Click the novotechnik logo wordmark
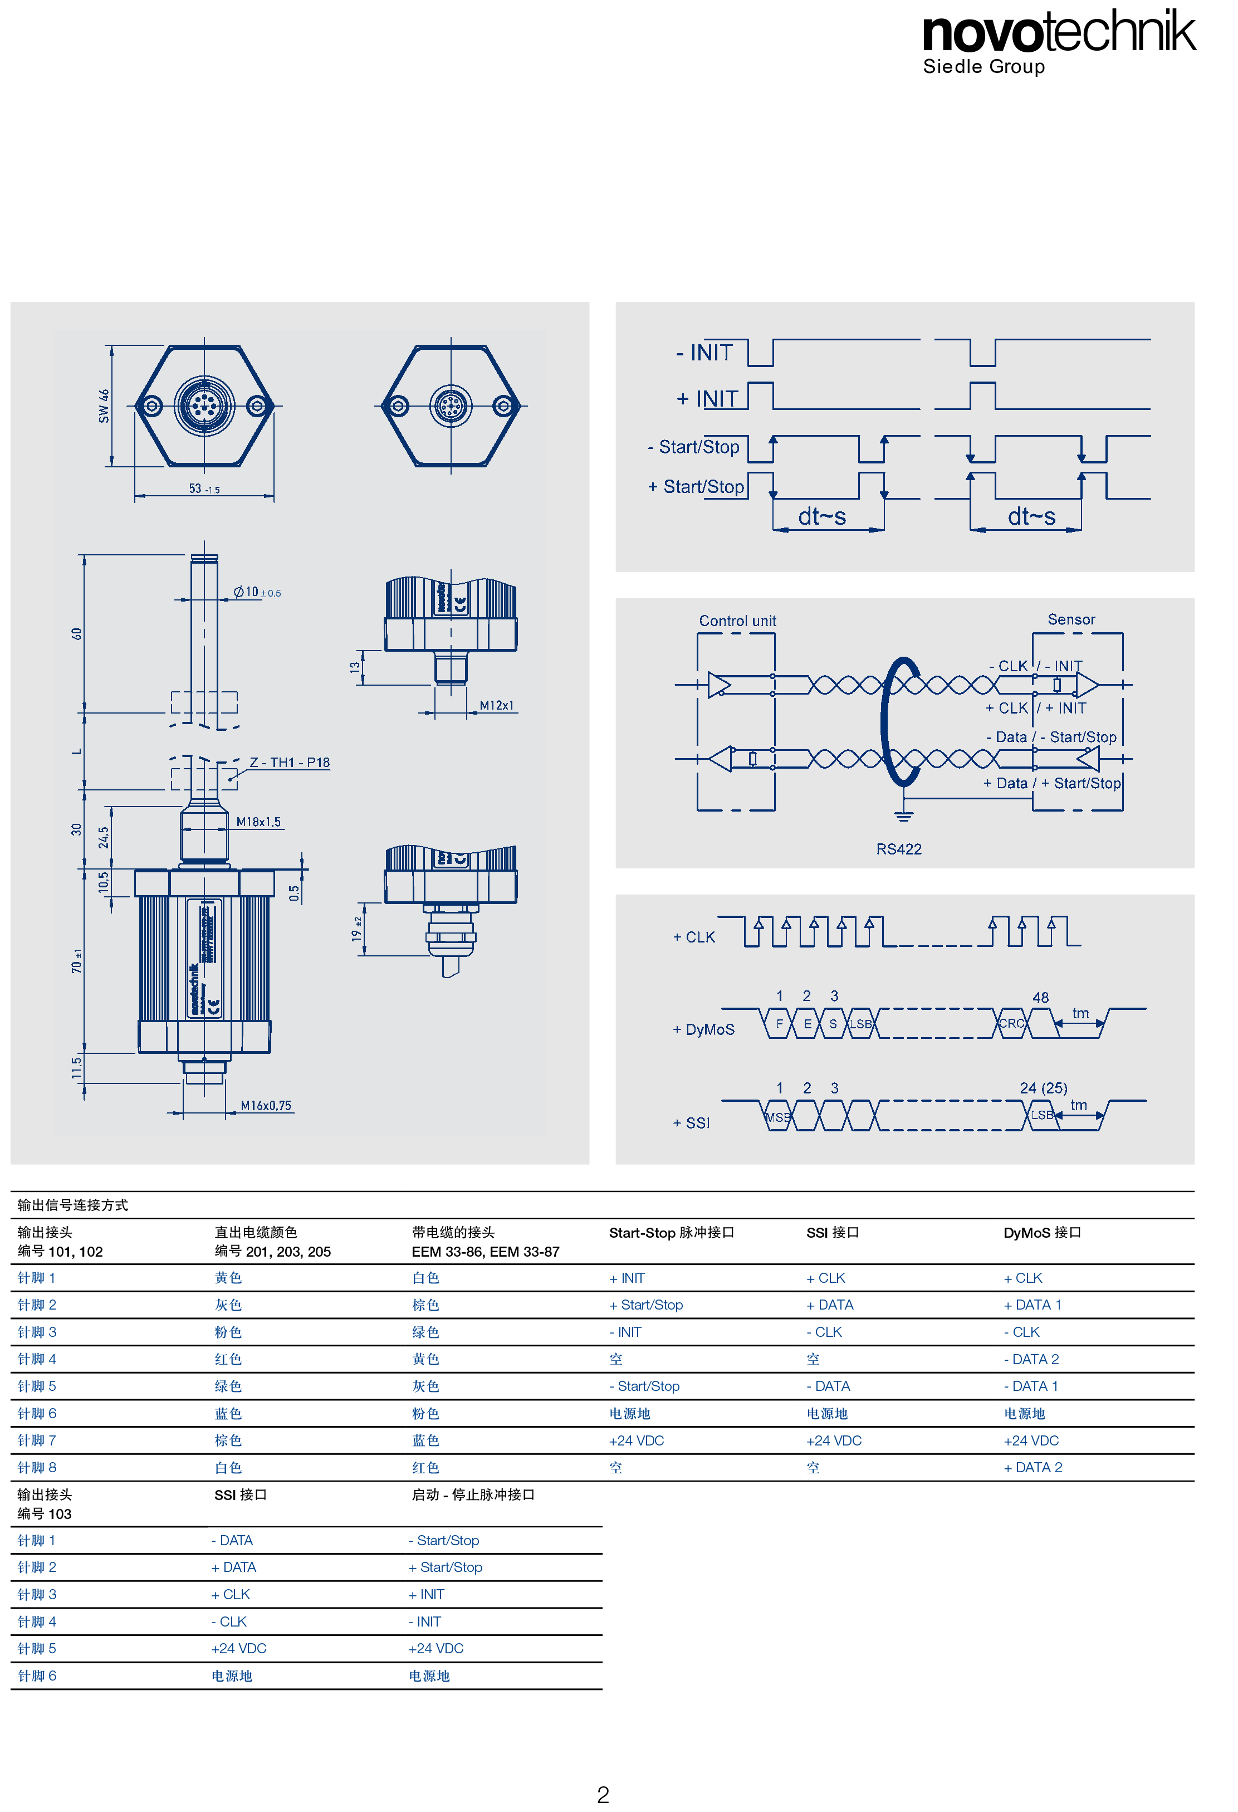[x=1059, y=31]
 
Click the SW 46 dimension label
[x=104, y=406]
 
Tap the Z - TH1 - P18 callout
[x=289, y=762]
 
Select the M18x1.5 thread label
[x=258, y=822]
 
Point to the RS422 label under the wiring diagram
[x=898, y=849]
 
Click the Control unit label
[x=737, y=621]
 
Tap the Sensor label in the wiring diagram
[x=1071, y=619]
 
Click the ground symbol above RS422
[x=903, y=815]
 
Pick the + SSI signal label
[x=692, y=1123]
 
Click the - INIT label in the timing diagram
[x=704, y=353]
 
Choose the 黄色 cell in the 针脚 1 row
[x=228, y=1277]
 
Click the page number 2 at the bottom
[x=603, y=1794]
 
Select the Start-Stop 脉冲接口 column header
[x=671, y=1232]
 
